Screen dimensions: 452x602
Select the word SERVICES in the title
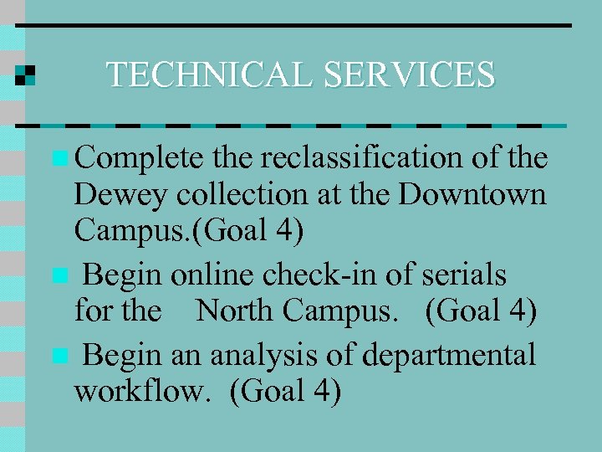410,74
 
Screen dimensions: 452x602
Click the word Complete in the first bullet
140,158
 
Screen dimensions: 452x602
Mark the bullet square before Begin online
57,275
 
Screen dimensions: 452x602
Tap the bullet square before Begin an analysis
57,356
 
